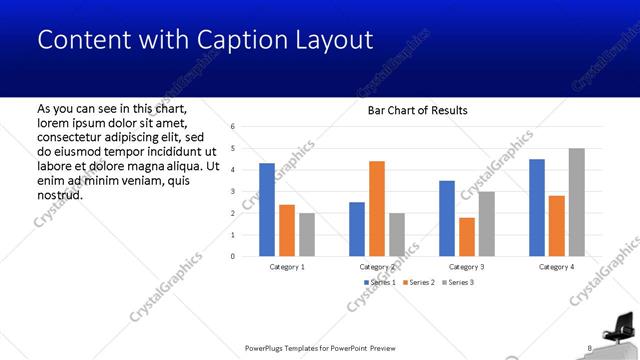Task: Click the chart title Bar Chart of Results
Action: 418,110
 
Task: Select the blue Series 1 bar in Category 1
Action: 267,209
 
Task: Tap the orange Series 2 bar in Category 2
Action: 377,208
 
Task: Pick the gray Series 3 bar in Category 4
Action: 577,202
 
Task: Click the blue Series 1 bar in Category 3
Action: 447,218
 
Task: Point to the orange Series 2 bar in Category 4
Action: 557,226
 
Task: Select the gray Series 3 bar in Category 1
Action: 307,234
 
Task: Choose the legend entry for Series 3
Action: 457,283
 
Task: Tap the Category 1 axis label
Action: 287,267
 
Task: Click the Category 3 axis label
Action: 467,267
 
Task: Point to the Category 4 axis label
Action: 557,267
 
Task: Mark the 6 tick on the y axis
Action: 232,127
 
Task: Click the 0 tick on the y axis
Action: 232,256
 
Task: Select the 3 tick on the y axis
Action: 232,191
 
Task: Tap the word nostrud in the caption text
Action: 59,194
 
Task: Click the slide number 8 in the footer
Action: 589,348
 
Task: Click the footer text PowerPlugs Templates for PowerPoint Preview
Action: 320,348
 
